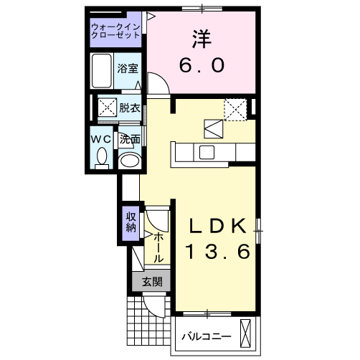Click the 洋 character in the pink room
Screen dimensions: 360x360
point(201,37)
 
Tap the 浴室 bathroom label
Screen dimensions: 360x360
point(128,70)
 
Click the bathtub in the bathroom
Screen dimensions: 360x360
point(102,70)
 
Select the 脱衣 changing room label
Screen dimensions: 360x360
point(130,108)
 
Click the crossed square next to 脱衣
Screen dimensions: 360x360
point(108,108)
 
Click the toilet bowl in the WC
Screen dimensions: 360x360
point(101,156)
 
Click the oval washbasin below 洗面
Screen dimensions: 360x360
point(129,161)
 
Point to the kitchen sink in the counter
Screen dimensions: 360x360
point(207,152)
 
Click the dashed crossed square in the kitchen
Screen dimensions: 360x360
point(235,108)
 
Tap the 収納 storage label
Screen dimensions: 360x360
point(131,222)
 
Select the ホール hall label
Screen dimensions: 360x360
point(158,246)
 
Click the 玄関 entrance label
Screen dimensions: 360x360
point(151,282)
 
